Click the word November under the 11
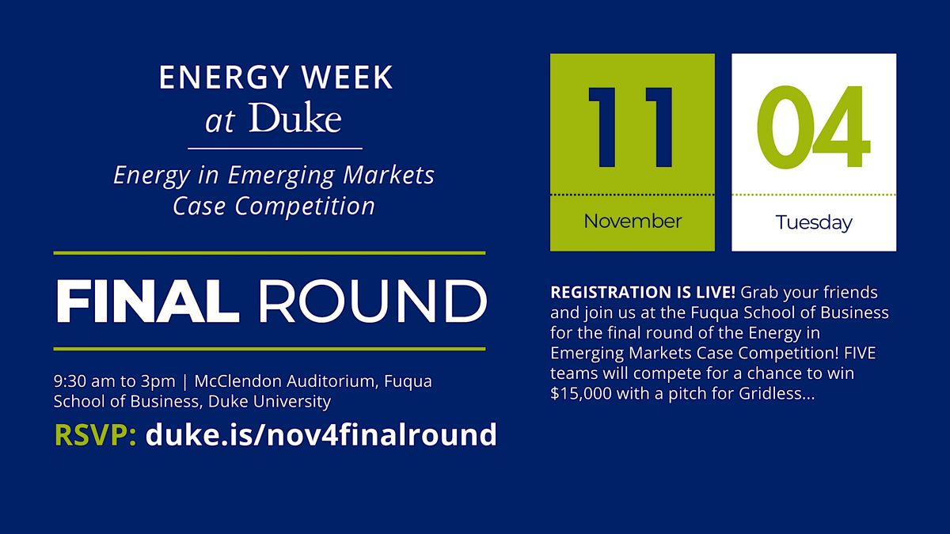coord(632,222)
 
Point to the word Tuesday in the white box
coord(814,222)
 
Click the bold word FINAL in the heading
coord(147,301)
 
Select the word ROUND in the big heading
coord(373,301)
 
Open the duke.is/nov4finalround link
coord(321,434)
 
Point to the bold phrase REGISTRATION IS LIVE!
coord(643,292)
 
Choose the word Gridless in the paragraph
coord(783,393)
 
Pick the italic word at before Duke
coord(219,122)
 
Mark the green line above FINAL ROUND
coord(269,253)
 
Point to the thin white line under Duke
coord(275,148)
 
